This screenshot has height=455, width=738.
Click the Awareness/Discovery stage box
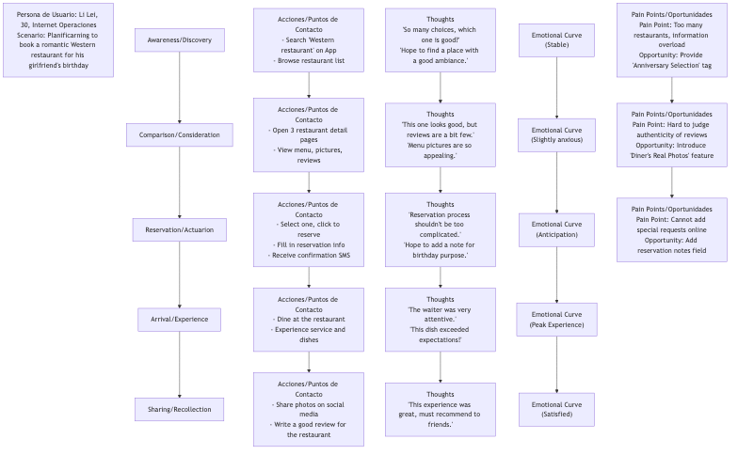pos(180,40)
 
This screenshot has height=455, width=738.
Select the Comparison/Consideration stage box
pos(180,135)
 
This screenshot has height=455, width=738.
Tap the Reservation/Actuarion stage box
pos(180,230)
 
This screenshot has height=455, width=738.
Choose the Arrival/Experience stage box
pos(180,320)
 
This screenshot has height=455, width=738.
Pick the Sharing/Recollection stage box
pos(180,409)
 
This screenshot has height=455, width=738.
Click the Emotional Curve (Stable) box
pos(556,40)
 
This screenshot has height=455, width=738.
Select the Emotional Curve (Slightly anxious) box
pos(556,135)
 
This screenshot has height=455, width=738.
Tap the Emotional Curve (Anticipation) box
pos(556,230)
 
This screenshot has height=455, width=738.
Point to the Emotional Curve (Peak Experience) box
pos(556,320)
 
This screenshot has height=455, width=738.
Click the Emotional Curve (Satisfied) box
pos(556,409)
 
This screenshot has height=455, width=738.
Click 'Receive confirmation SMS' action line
pos(309,256)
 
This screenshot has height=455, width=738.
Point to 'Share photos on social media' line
pos(309,409)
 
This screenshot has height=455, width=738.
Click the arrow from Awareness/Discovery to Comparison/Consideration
pos(180,88)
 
